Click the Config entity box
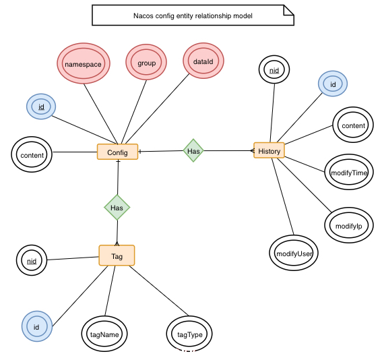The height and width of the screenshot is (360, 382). [117, 152]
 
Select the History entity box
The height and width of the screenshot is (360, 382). [269, 150]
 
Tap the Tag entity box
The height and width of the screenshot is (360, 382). [117, 256]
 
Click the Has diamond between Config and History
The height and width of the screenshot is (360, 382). [193, 150]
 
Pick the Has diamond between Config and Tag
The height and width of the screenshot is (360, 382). [117, 208]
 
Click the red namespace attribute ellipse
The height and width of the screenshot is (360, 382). [84, 63]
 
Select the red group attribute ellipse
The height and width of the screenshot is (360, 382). [146, 62]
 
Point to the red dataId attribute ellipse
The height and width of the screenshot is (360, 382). [203, 61]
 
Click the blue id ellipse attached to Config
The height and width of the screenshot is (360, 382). [41, 107]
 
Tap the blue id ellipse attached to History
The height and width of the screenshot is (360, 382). [333, 84]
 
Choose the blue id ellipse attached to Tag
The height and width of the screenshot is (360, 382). [37, 326]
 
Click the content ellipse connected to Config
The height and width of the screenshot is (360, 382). [32, 154]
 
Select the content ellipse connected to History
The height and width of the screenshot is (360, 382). [353, 125]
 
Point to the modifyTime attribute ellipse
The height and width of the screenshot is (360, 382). [349, 172]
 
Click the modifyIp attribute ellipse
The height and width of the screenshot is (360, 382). [349, 225]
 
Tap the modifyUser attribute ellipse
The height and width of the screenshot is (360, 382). [294, 253]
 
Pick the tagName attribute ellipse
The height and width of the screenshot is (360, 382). [104, 334]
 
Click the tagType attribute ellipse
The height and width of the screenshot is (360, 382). [189, 334]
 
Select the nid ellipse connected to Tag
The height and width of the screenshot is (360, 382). [32, 260]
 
